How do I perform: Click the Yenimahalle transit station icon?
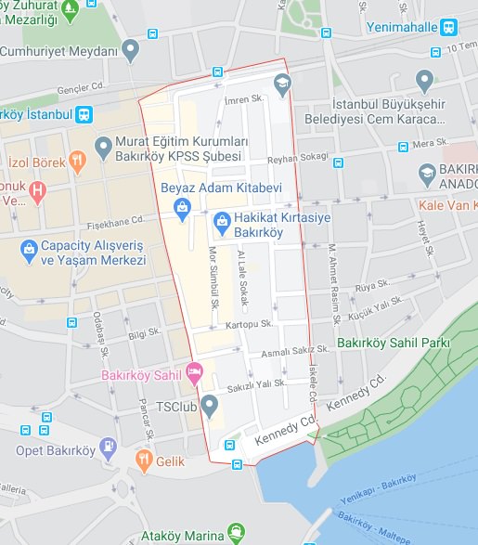[449, 27]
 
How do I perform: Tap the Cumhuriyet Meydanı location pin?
[131, 47]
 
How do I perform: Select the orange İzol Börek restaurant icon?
[78, 160]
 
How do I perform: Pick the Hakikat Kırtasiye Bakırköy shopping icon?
[222, 221]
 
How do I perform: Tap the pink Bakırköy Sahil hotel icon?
[194, 373]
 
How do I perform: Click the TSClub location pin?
[210, 405]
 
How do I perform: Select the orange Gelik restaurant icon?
[144, 459]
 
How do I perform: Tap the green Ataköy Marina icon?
[238, 535]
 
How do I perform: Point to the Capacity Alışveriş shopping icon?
[28, 251]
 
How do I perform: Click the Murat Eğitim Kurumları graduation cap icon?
[103, 147]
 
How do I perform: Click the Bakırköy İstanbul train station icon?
[84, 115]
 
